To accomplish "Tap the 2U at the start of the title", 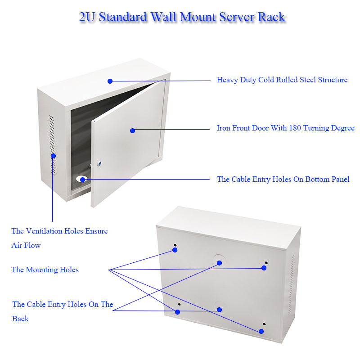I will pos(87,17).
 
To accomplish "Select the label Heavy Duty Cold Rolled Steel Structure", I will pos(282,80).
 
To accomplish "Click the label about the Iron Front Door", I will pos(285,128).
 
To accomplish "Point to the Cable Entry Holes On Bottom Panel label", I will pos(283,179).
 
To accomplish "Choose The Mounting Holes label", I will pos(45,270).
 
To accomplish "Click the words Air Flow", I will pos(26,245).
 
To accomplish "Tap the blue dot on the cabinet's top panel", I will pos(110,81).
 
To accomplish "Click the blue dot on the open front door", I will pos(132,130).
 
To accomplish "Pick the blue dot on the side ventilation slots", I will pos(53,156).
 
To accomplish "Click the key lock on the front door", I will pos(99,164).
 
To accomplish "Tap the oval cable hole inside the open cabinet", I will pos(81,179).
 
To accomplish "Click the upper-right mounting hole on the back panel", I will pos(266,263).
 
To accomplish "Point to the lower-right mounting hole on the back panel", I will pos(264,324).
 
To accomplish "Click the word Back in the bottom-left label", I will pos(20,319).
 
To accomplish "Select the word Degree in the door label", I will pos(342,128).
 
